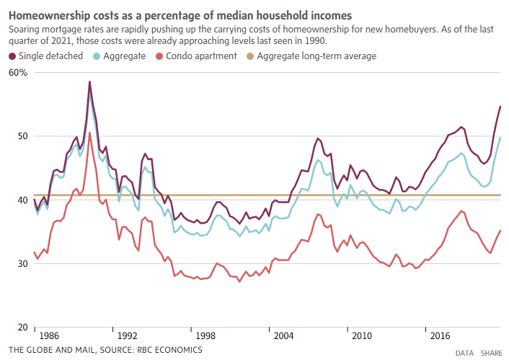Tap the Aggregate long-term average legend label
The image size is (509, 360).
click(317, 56)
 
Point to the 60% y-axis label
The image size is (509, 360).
click(18, 73)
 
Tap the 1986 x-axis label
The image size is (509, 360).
click(49, 336)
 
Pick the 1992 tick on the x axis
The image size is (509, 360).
click(128, 336)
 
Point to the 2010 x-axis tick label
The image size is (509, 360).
click(362, 336)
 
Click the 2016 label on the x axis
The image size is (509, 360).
click(441, 336)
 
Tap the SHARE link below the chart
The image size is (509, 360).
click(492, 353)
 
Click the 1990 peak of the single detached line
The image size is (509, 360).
click(89, 82)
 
